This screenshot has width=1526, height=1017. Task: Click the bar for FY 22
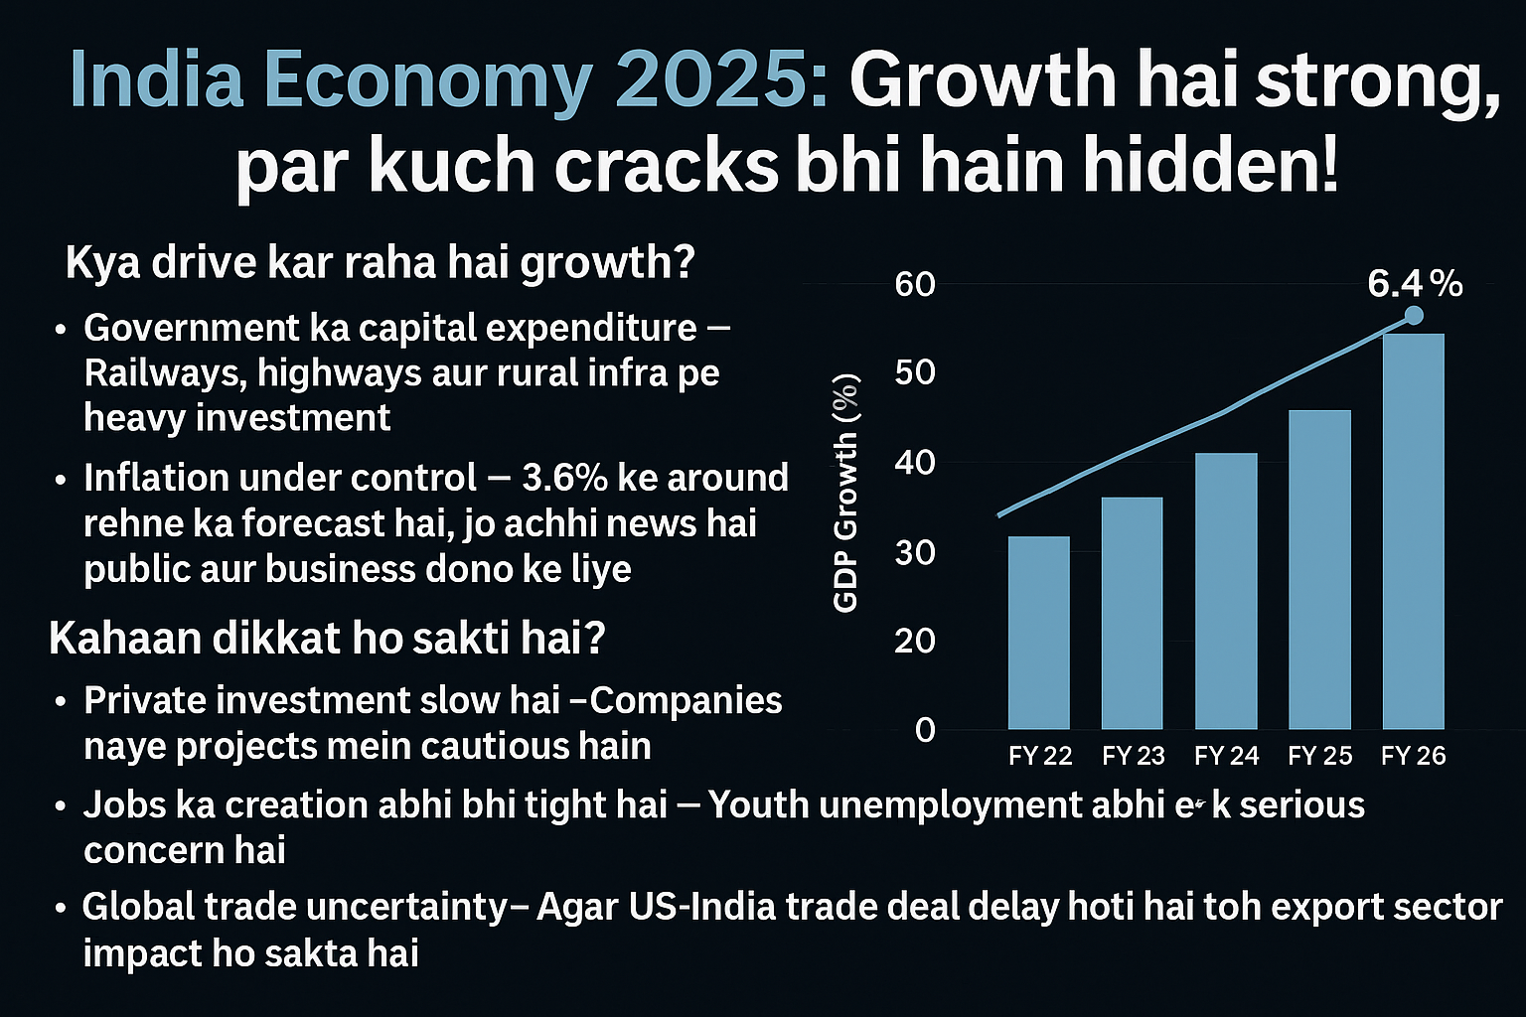coord(1038,633)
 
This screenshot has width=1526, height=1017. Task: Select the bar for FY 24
coord(1226,591)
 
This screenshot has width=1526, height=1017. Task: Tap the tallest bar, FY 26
coord(1413,531)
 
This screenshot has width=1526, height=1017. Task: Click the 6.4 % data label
coord(1415,285)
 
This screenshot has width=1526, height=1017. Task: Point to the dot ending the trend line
coord(1414,315)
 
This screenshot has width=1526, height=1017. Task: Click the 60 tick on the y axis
coord(915,285)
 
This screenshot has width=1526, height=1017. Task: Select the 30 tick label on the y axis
coord(915,552)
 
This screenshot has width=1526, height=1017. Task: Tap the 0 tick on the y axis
coord(925,730)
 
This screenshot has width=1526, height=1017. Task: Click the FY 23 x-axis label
coord(1133,756)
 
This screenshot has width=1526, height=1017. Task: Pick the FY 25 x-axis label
coord(1319,756)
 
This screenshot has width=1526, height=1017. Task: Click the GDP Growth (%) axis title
coord(845,494)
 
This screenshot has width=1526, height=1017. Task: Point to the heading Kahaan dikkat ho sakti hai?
coord(327,639)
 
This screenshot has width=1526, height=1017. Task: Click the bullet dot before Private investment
coord(62,702)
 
